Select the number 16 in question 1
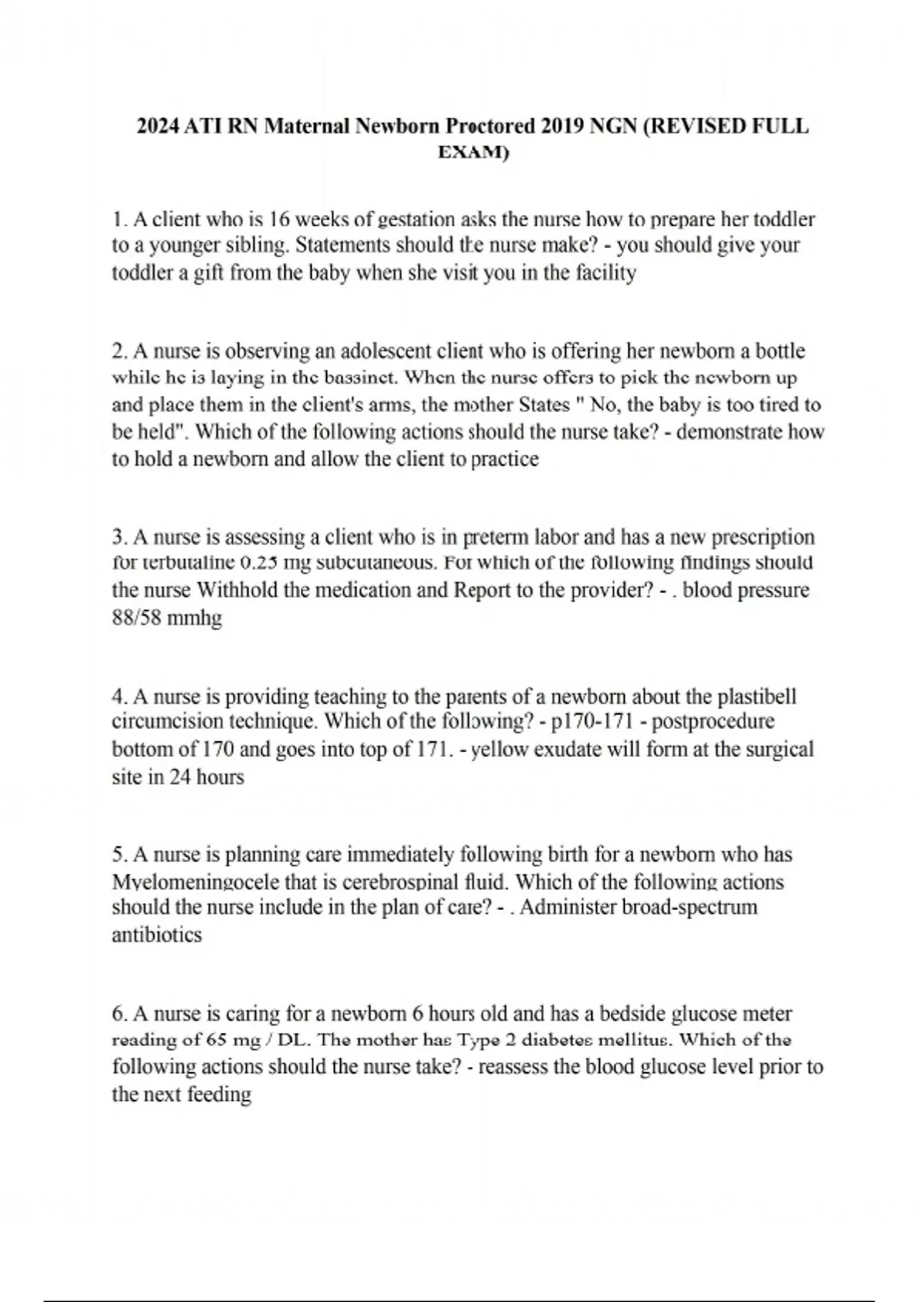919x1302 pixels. click(280, 220)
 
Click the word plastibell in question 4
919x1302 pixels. click(757, 697)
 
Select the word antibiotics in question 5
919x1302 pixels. click(157, 935)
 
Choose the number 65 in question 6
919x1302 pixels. click(217, 1040)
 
